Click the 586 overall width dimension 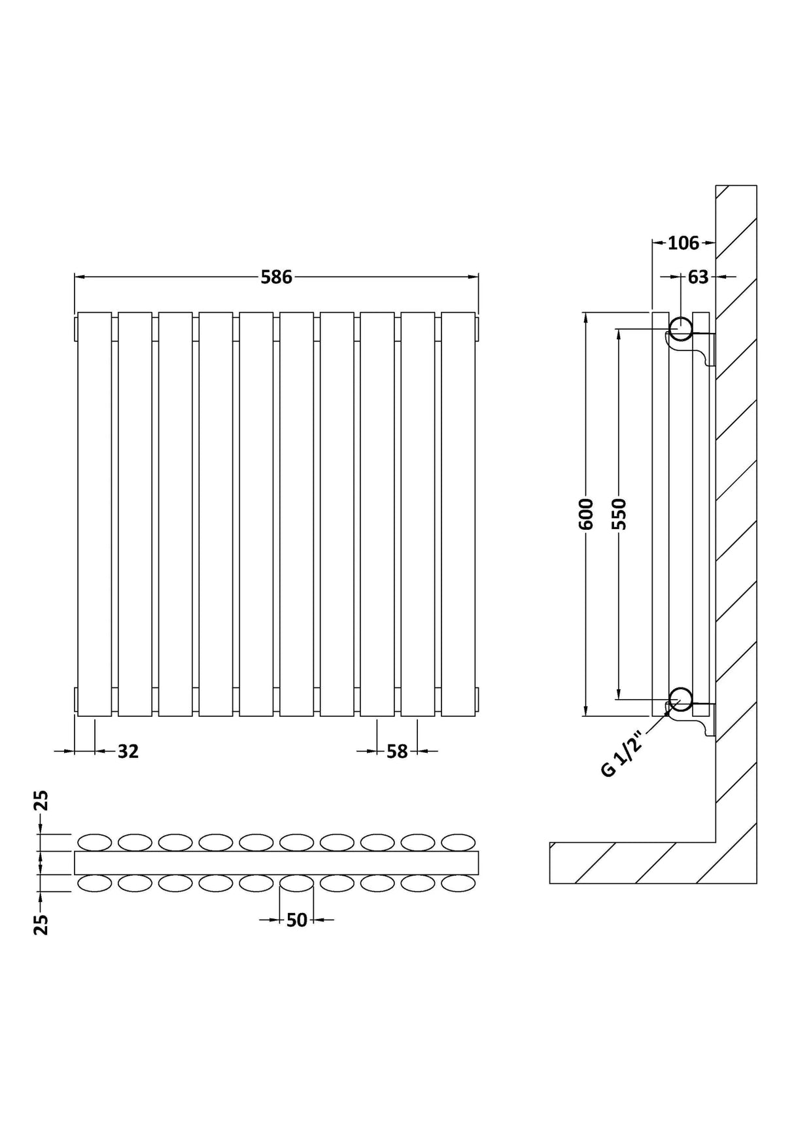(x=276, y=277)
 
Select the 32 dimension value (x=128, y=752)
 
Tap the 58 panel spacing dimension (x=397, y=752)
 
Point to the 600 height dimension (x=586, y=514)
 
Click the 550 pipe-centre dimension (x=619, y=514)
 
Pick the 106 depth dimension (x=683, y=243)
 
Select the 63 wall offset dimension (x=698, y=277)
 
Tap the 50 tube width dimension (x=296, y=920)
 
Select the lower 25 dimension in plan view (x=41, y=924)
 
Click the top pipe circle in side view (x=681, y=328)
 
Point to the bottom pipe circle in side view (x=681, y=699)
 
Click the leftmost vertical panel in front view (x=95, y=514)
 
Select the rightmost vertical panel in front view (x=458, y=514)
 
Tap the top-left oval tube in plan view (x=95, y=842)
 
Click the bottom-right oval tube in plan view (x=458, y=884)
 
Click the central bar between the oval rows (x=276, y=863)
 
